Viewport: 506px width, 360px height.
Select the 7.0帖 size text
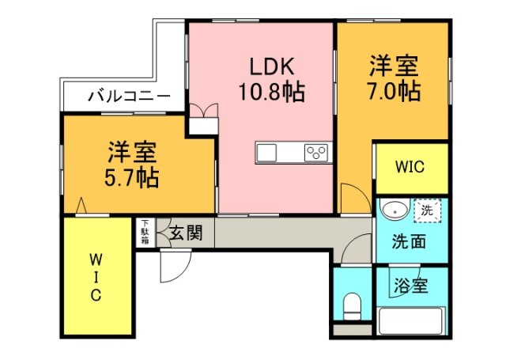tap(392, 91)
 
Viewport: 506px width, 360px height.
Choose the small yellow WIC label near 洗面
tap(410, 168)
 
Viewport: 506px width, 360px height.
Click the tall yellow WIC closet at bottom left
tap(96, 276)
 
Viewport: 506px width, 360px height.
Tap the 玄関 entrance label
tap(186, 233)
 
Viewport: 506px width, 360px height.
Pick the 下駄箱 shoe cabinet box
tap(145, 233)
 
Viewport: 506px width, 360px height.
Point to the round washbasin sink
tap(392, 211)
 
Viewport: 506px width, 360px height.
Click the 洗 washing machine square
tap(427, 211)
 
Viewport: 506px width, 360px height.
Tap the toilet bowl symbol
tap(352, 305)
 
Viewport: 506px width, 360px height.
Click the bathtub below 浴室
tap(412, 321)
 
